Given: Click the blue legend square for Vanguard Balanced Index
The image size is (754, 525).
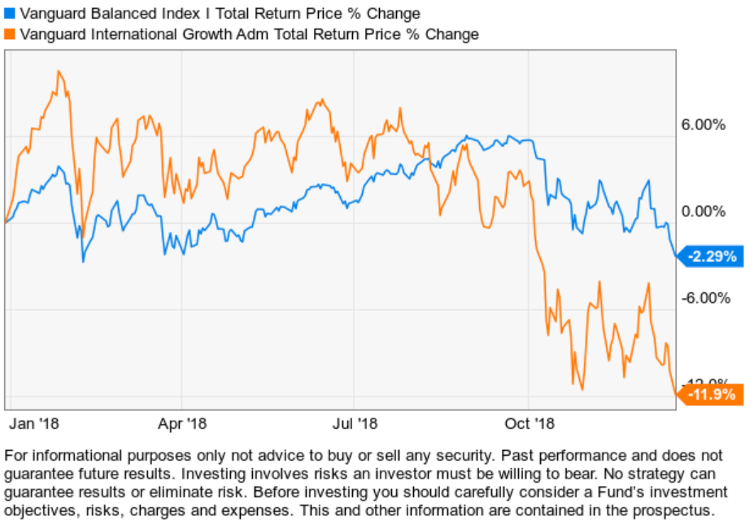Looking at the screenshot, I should tap(10, 14).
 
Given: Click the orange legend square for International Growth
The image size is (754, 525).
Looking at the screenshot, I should tap(10, 34).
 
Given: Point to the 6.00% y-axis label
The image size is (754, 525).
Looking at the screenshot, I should tap(703, 125).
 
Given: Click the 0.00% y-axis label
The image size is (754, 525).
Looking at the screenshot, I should tap(703, 212).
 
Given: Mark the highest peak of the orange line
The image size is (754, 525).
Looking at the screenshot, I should tap(59, 72).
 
